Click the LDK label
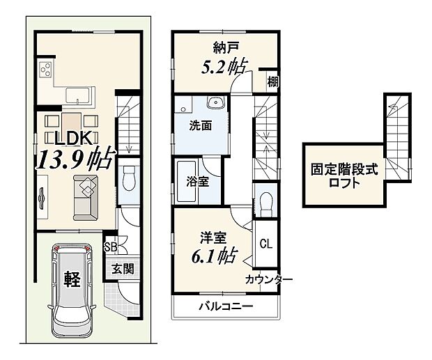pyautogui.click(x=68, y=137)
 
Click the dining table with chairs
pyautogui.click(x=73, y=120)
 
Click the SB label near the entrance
pyautogui.click(x=109, y=246)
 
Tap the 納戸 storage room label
pyautogui.click(x=224, y=48)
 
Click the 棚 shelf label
pyautogui.click(x=272, y=82)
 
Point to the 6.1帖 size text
pyautogui.click(x=212, y=256)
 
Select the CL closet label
pyautogui.click(x=266, y=244)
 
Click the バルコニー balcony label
pyautogui.click(x=225, y=307)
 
